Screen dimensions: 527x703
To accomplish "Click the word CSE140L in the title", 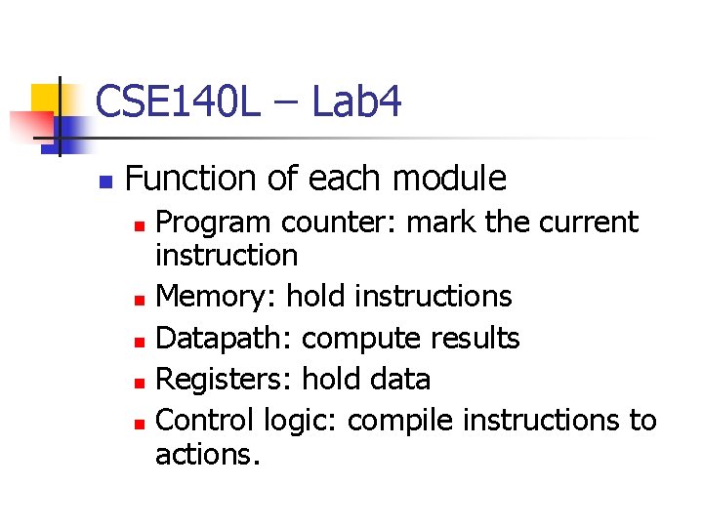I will coord(178,101).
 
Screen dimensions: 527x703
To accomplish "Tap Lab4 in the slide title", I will coord(356,101).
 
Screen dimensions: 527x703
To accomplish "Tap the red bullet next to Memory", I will coord(141,298).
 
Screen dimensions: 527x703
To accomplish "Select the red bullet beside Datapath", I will coord(141,340).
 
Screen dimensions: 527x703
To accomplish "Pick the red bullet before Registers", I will coord(141,382).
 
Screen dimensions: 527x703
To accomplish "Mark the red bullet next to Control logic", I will coord(141,423).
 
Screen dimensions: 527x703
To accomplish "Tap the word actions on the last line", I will coord(205,454).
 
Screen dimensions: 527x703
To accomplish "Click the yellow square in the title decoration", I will coord(47,100).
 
